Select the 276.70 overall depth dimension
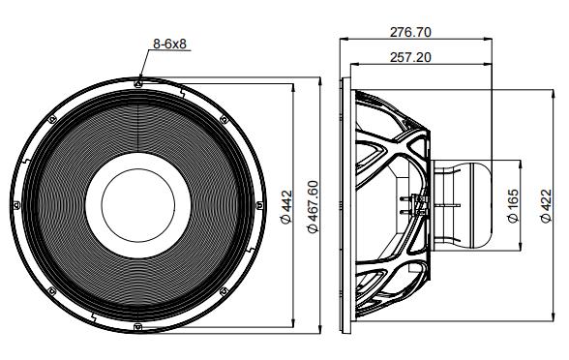409,31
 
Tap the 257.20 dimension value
409,57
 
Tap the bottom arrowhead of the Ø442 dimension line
291,324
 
